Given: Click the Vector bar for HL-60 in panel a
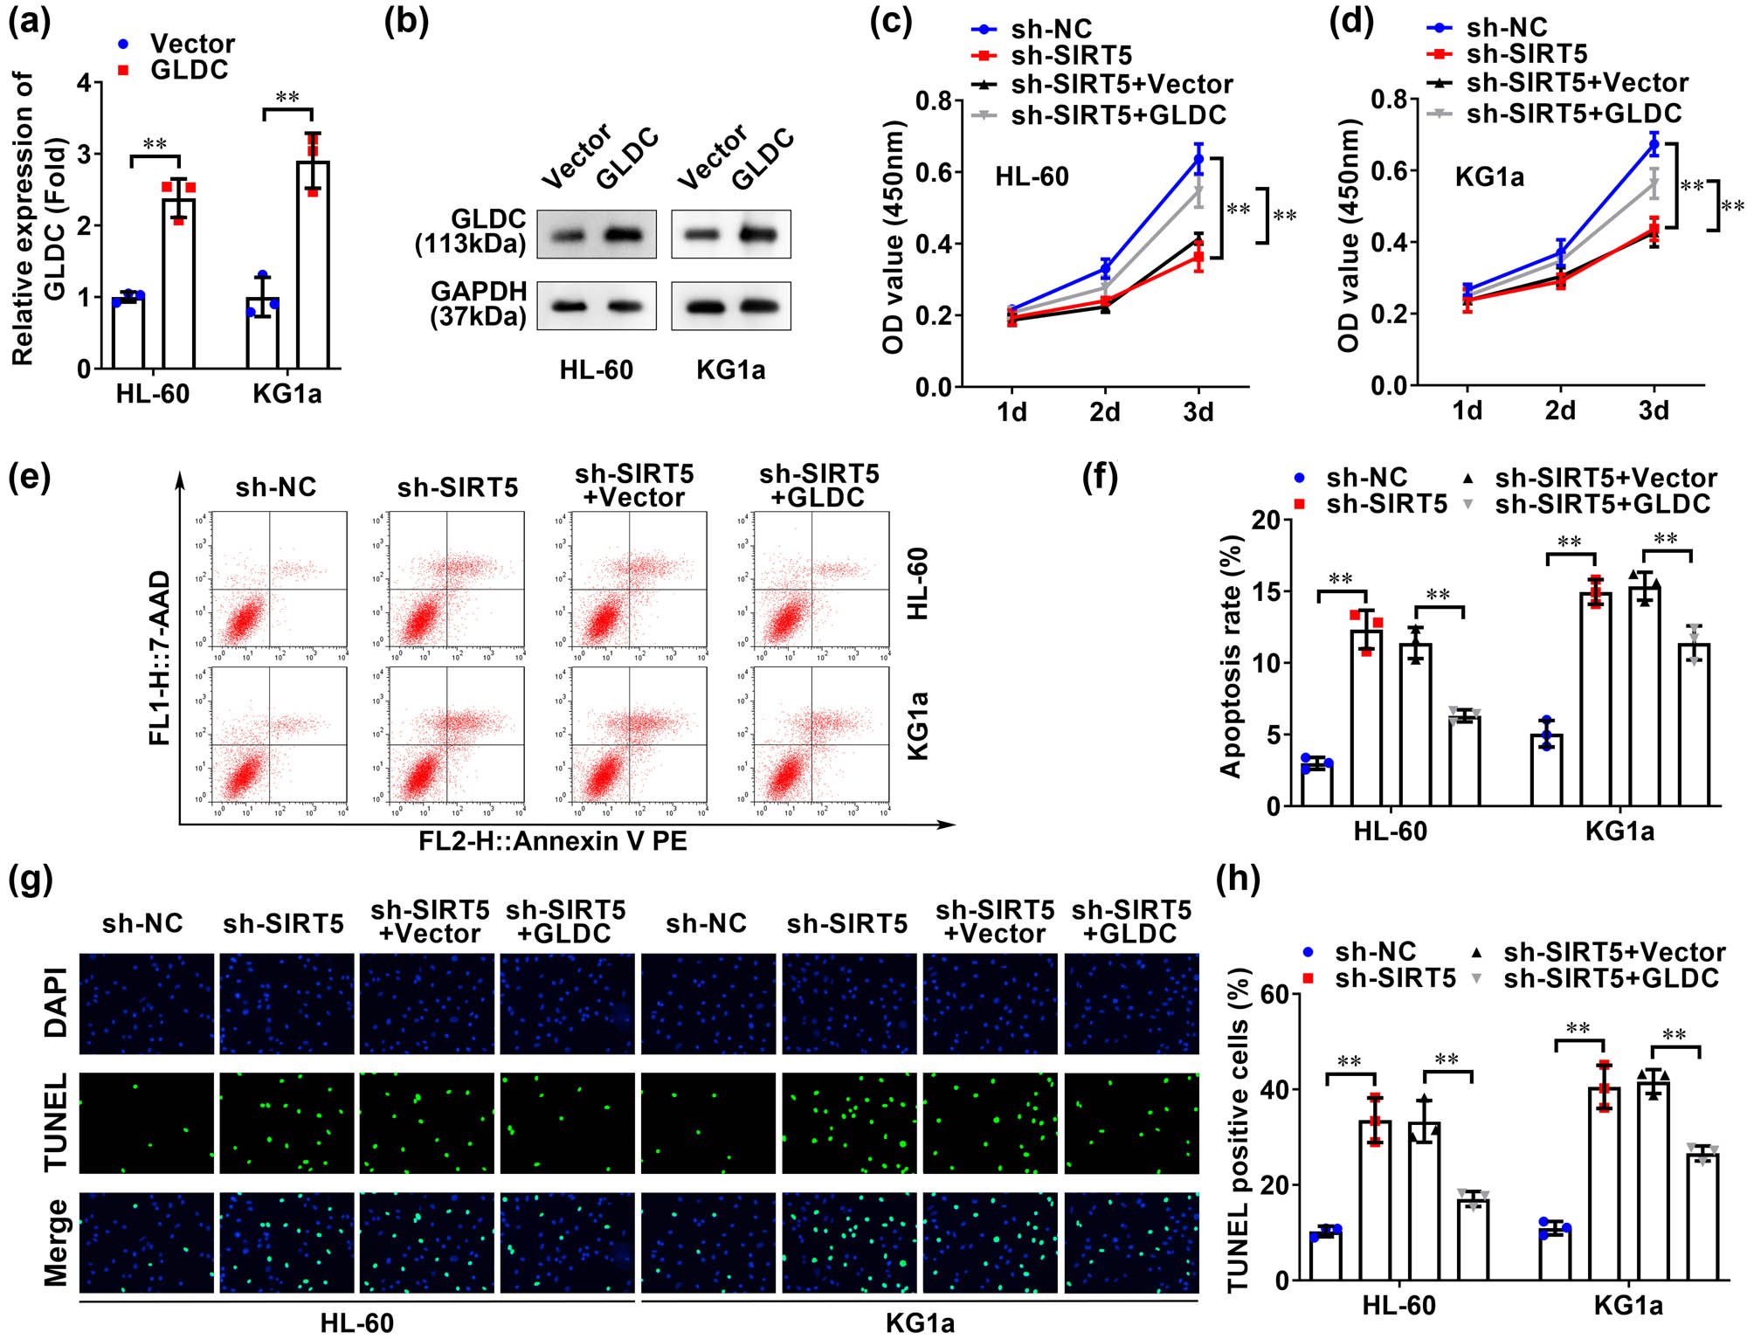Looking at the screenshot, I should coord(128,332).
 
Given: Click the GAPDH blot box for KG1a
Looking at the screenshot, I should coord(731,306).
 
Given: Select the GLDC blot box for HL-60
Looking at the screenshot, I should coord(597,234).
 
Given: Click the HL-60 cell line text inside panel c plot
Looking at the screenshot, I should coord(1032,177).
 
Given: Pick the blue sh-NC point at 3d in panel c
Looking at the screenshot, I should coord(1198,160).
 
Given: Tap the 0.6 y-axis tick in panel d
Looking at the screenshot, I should coord(1387,170).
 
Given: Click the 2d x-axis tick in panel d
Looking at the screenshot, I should coord(1560,411).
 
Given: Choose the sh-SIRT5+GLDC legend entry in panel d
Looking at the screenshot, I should coord(1572,114).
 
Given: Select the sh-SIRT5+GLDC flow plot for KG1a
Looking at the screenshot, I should coord(821,735).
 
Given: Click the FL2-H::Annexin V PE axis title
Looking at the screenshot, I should coord(552,841).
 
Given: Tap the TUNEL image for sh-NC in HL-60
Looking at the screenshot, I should coord(147,1122).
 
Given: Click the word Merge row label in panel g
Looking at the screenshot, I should coord(56,1242).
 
